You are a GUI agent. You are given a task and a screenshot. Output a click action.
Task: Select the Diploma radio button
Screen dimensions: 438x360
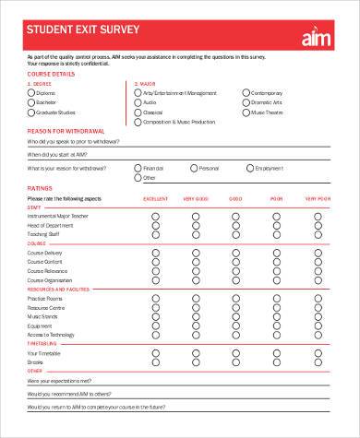[x=31, y=92]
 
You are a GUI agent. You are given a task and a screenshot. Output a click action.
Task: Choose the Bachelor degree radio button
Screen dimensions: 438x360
[x=31, y=102]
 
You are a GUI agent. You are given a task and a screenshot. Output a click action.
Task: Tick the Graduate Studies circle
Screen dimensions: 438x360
[x=31, y=112]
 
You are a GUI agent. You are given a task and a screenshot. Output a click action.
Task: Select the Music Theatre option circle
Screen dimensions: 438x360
[x=246, y=112]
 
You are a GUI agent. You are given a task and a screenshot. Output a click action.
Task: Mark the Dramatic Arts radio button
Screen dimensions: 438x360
[x=246, y=102]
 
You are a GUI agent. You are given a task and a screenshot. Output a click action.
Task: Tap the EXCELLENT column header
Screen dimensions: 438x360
[x=155, y=198]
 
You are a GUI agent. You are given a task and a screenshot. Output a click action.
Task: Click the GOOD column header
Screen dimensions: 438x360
[x=235, y=198]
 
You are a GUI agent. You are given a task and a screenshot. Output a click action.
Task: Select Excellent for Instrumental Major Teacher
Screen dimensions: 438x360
[x=155, y=216]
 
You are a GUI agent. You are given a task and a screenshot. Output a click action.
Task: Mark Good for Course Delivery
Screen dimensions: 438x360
[x=235, y=252]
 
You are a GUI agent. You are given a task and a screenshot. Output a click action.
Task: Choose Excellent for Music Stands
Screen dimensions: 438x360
[x=155, y=316]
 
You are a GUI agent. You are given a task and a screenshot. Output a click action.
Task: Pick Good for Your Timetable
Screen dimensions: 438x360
[x=235, y=353]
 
